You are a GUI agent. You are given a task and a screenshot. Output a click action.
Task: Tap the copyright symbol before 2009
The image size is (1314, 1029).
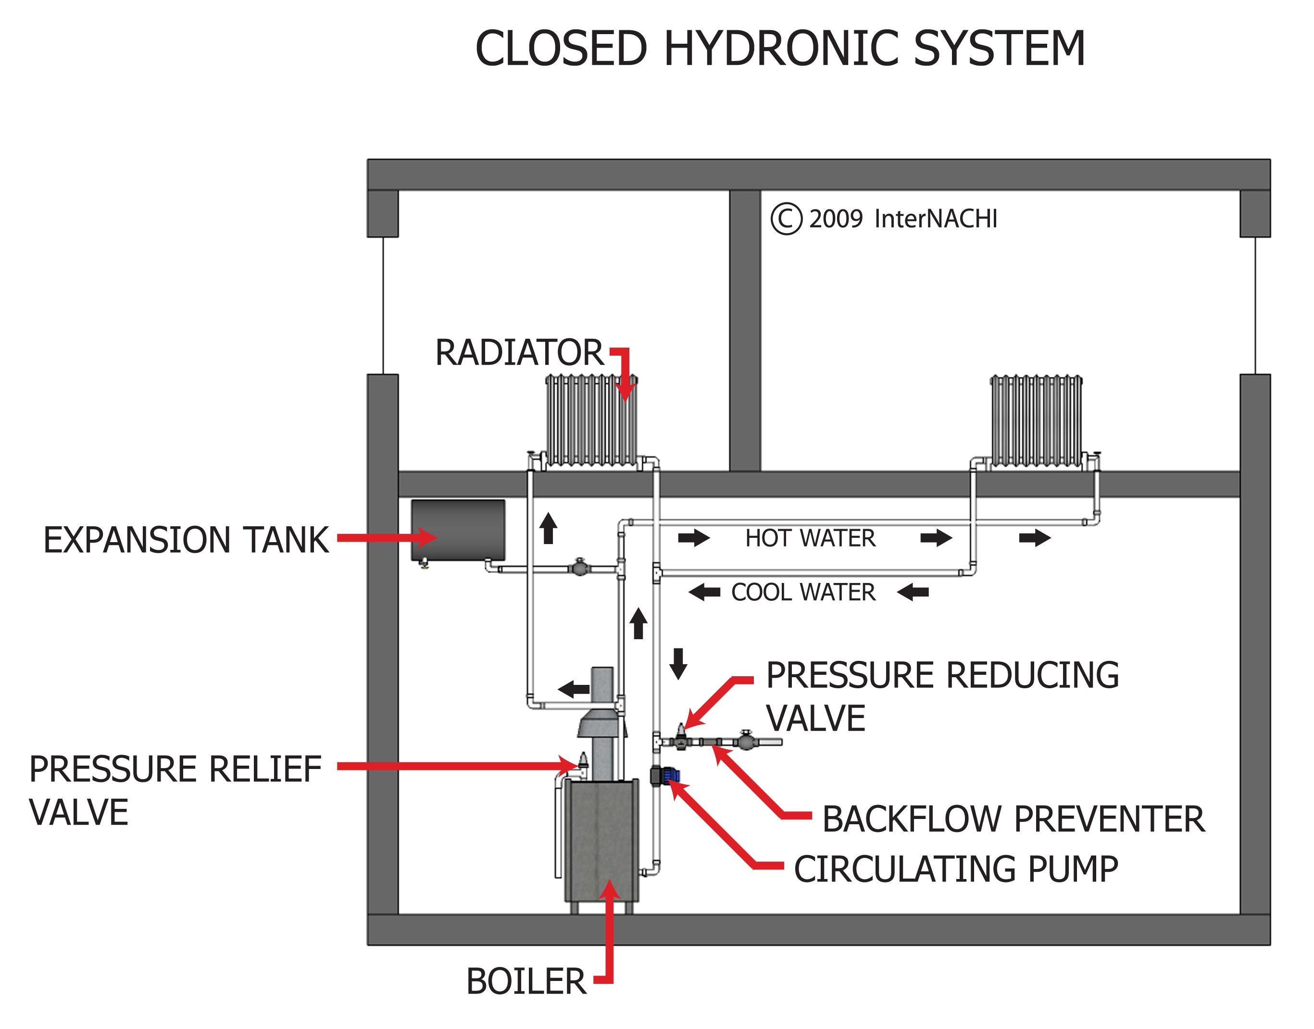(786, 219)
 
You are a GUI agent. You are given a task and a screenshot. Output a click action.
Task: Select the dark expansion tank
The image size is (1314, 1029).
(458, 530)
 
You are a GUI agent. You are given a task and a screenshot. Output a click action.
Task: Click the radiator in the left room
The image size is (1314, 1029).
(591, 420)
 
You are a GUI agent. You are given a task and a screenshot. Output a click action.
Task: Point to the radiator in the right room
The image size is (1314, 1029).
(1036, 420)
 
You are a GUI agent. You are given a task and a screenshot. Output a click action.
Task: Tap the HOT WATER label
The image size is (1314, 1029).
(810, 538)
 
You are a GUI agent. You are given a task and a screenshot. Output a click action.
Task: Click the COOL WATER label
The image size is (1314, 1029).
(803, 592)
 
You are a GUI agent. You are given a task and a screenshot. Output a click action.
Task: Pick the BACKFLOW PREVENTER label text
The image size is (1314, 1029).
(1013, 819)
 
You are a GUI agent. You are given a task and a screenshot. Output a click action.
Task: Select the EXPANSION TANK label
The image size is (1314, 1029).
(186, 540)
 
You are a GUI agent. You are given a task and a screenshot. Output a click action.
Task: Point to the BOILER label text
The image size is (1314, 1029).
(526, 981)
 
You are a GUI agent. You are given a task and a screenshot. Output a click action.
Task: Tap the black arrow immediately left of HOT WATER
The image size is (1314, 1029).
(693, 537)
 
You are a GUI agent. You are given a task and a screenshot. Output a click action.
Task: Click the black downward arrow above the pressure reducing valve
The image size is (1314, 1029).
(678, 663)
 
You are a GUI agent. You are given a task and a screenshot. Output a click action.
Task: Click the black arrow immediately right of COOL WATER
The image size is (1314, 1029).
(913, 592)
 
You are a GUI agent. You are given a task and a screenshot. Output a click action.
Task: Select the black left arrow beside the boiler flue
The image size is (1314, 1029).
(574, 689)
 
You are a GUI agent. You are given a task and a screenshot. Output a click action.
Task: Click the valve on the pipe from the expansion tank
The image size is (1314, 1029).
(579, 568)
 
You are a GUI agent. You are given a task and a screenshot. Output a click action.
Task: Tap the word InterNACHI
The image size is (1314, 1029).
(936, 219)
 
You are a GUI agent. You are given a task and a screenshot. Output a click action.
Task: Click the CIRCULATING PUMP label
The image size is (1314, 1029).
(956, 869)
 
